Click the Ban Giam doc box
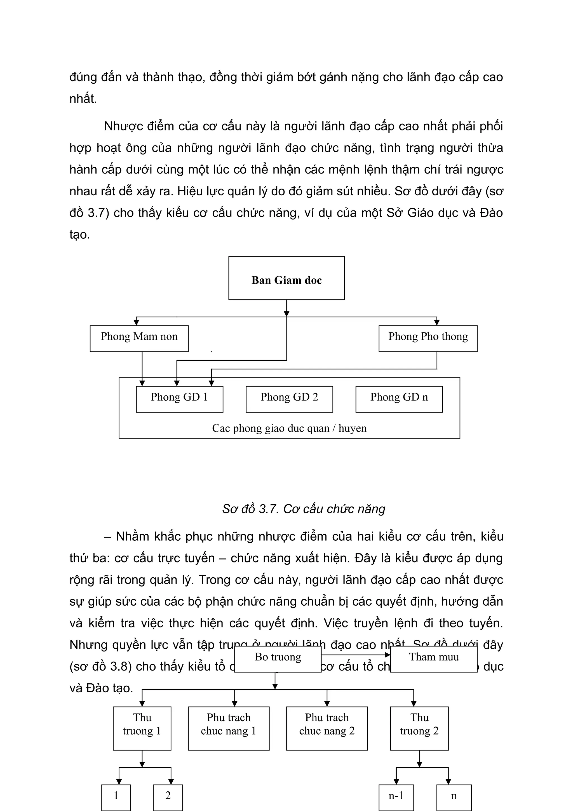click(286, 278)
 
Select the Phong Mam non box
click(139, 338)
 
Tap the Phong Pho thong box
click(428, 338)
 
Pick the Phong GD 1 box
click(179, 399)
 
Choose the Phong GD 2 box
click(289, 399)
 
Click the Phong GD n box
click(399, 399)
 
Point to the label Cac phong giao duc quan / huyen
click(289, 428)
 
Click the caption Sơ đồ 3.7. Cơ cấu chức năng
click(304, 509)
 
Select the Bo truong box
click(278, 658)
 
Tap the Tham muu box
click(434, 658)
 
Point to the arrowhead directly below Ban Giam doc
click(286, 314)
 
